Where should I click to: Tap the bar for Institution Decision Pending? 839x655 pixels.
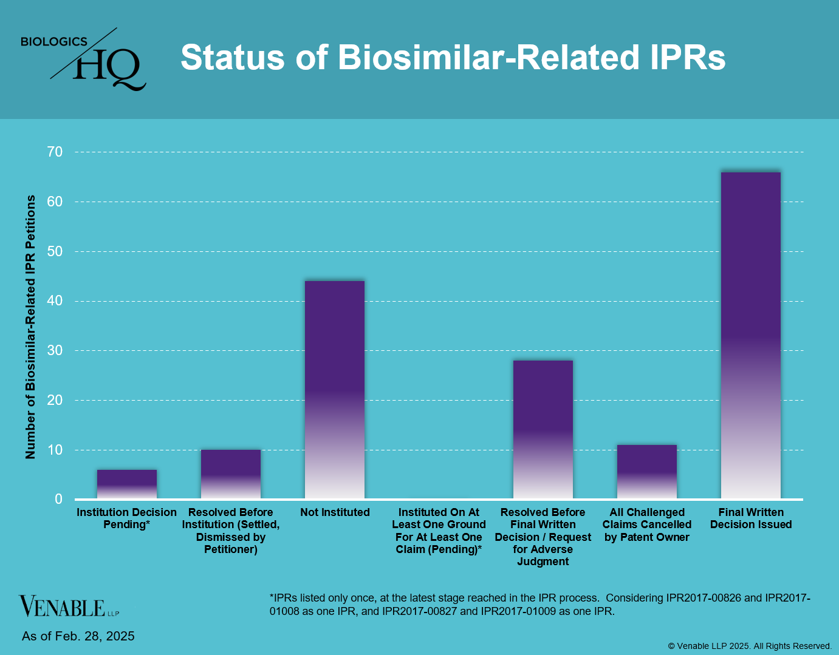pyautogui.click(x=127, y=484)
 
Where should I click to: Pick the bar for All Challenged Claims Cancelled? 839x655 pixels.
pyautogui.click(x=646, y=472)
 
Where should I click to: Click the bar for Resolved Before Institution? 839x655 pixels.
pyautogui.click(x=231, y=474)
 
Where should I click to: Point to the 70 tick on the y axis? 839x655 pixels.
pyautogui.click(x=55, y=152)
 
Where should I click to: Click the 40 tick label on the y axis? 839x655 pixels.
pyautogui.click(x=55, y=301)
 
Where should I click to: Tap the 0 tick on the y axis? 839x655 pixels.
pyautogui.click(x=59, y=499)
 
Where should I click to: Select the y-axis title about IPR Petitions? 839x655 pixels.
pyautogui.click(x=30, y=327)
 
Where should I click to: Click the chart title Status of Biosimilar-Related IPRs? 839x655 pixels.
pyautogui.click(x=453, y=58)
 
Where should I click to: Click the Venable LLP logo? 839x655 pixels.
pyautogui.click(x=69, y=606)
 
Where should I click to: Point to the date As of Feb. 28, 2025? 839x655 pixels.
pyautogui.click(x=78, y=636)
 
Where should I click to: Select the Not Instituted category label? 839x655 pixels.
pyautogui.click(x=335, y=512)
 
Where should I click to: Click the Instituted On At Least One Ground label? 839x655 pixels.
pyautogui.click(x=439, y=531)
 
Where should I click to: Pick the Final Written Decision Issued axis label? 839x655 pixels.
pyautogui.click(x=751, y=518)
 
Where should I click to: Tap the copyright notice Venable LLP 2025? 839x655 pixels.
pyautogui.click(x=750, y=646)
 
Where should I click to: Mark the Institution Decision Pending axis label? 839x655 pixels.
pyautogui.click(x=126, y=518)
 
